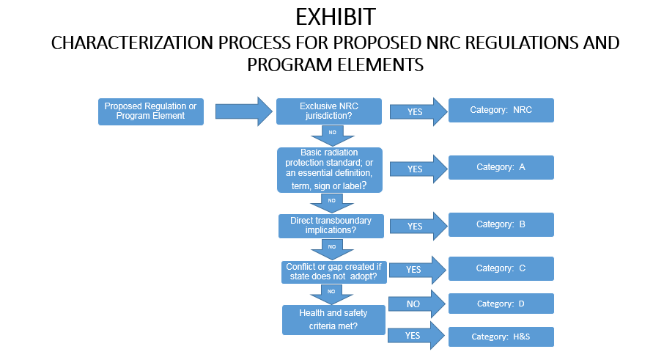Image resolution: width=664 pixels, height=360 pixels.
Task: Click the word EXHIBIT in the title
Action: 332,17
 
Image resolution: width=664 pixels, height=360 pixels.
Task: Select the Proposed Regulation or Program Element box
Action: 151,111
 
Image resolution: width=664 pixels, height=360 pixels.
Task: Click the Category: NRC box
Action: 501,110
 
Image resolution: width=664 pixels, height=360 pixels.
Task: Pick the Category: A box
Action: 501,167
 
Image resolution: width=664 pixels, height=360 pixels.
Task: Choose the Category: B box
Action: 501,224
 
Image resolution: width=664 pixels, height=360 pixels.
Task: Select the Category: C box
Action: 501,268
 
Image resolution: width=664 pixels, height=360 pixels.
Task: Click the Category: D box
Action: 501,304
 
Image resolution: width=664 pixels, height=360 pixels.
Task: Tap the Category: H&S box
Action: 501,337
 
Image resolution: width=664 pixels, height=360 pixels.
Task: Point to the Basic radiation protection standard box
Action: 330,170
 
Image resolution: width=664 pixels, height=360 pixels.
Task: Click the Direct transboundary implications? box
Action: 331,226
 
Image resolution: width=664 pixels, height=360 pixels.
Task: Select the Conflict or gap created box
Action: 334,271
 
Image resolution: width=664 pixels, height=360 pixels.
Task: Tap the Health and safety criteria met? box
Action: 333,320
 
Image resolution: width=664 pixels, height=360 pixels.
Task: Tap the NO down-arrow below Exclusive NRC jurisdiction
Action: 332,134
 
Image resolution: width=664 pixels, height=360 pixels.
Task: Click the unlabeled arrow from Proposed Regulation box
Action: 243,111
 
